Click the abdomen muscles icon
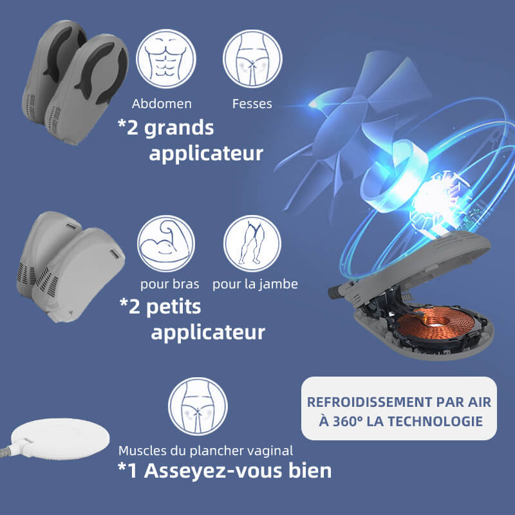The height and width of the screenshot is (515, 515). [x=166, y=59]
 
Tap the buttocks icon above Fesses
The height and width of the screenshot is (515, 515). [x=252, y=59]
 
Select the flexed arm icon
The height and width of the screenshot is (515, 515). [x=166, y=243]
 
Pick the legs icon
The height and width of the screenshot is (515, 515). [x=252, y=243]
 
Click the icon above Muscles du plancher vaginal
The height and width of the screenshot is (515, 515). [x=198, y=406]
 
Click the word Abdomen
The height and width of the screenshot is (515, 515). [x=162, y=104]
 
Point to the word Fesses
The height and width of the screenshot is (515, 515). [x=252, y=104]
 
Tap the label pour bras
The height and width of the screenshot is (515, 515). [x=169, y=284]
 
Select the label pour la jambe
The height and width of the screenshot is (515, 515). [x=255, y=284]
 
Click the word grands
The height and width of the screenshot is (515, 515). [x=179, y=129]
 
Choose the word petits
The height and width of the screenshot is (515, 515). [x=173, y=307]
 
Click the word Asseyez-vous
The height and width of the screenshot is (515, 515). [x=213, y=471]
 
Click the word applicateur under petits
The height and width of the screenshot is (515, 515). [x=208, y=333]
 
